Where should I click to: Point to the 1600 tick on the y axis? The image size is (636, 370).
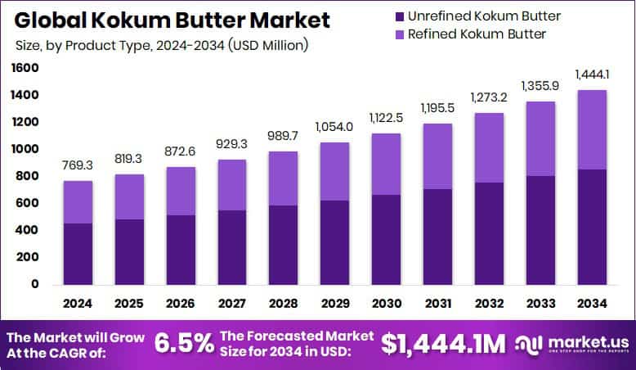(25, 69)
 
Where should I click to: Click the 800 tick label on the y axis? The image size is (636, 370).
(28, 177)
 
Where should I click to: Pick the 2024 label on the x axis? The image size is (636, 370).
(79, 304)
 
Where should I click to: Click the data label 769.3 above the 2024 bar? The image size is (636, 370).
(78, 165)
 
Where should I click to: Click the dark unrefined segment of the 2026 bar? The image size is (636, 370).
(181, 250)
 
